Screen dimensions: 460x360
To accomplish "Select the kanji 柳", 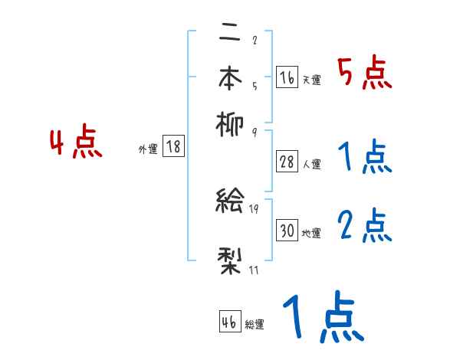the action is click(231, 122).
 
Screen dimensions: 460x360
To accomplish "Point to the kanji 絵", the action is click(231, 202).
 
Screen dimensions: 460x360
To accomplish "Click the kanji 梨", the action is click(231, 260).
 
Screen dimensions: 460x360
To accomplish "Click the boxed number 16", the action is click(287, 77).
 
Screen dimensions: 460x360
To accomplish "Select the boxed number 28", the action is click(287, 162).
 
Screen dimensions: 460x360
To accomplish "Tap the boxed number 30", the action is click(287, 231).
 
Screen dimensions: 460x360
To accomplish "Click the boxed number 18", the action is click(173, 147).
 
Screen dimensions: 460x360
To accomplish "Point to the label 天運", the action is click(312, 80).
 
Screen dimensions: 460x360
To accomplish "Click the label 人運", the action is click(312, 164).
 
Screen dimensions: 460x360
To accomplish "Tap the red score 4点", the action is click(76, 144).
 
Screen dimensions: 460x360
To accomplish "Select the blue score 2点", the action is click(365, 227).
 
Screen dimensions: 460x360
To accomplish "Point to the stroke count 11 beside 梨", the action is click(254, 270).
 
